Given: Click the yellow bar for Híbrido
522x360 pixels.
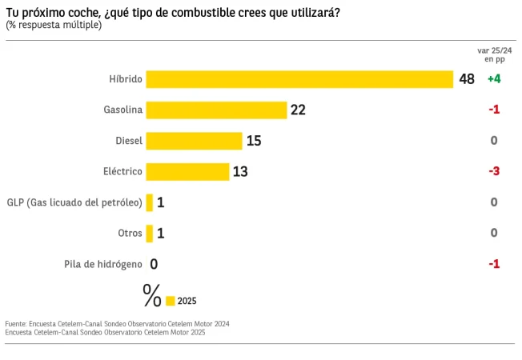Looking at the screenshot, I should click(299, 79).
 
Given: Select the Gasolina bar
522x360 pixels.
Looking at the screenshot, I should click(216, 110).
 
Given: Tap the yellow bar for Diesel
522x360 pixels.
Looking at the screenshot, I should click(194, 141).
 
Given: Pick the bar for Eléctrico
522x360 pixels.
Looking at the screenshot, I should click(187, 171).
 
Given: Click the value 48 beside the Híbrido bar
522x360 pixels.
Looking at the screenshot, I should click(467, 79).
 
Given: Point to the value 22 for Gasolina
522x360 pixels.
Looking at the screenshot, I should click(298, 110).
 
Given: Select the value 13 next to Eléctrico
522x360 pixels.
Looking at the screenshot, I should click(240, 171).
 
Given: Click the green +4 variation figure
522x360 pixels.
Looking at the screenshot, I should click(493, 79).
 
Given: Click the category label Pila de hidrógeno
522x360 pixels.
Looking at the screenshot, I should click(103, 264).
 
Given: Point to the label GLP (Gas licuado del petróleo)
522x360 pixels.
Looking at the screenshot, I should click(74, 202).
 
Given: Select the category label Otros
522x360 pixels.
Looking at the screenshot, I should click(130, 233).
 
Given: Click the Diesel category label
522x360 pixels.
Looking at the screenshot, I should click(129, 141).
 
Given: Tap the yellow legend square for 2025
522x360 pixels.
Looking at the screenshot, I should click(170, 301).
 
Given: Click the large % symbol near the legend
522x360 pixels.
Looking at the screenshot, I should click(151, 295).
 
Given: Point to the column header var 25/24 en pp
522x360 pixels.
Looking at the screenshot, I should click(494, 54).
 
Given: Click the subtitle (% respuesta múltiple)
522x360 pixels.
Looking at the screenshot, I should click(54, 26).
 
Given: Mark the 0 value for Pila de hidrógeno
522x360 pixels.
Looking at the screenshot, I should click(153, 264).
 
